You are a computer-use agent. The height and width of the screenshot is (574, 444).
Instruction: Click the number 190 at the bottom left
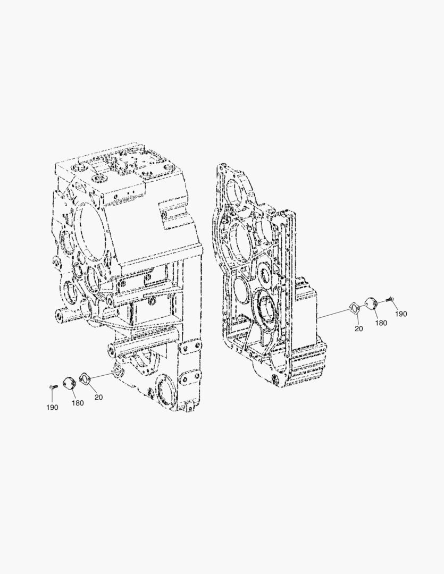click(52, 408)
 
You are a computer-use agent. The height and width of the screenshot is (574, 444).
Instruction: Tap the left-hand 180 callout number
click(77, 403)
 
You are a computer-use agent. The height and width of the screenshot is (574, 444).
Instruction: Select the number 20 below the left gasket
click(98, 397)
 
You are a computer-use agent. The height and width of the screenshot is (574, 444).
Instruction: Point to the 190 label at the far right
click(401, 314)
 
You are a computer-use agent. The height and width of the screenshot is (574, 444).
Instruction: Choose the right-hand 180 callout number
click(381, 323)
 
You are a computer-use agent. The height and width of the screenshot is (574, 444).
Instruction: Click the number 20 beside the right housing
click(358, 329)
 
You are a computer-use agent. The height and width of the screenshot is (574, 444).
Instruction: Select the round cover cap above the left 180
click(69, 383)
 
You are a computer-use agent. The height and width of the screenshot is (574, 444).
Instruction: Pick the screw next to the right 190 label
click(389, 300)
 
